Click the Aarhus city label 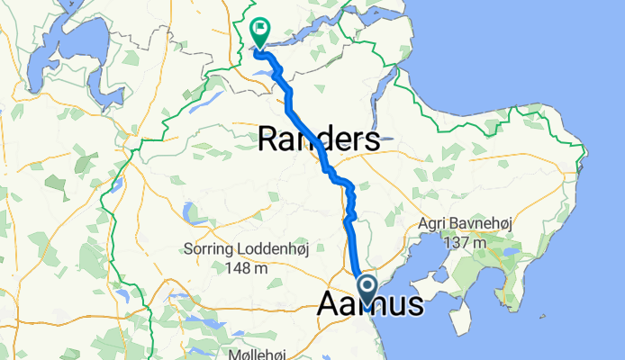(x=370, y=305)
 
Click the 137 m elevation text (x=465, y=241)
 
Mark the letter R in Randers (x=269, y=139)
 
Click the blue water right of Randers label (x=388, y=139)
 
